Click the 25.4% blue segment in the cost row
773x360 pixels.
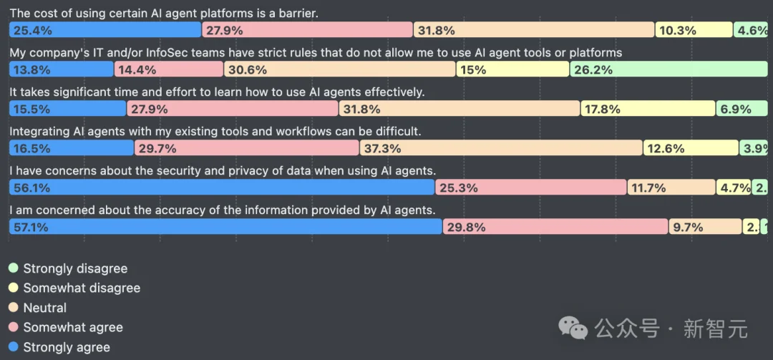point(104,30)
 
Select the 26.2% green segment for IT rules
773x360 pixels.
point(669,69)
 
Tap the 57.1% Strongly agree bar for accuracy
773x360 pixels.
point(225,227)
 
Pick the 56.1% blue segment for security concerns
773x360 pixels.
point(222,188)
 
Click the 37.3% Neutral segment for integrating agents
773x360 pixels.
point(500,148)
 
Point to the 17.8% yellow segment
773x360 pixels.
point(647,109)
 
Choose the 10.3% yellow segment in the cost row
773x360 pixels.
point(693,30)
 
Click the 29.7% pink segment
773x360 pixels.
point(246,148)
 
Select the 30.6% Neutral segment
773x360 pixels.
point(340,69)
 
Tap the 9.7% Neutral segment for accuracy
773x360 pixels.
point(706,227)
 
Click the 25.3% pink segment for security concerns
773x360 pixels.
point(531,188)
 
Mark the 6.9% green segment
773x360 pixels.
point(742,109)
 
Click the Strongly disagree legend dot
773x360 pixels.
point(13,268)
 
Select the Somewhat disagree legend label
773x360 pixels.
point(82,288)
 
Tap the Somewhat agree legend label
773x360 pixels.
point(73,327)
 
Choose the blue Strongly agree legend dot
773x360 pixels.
point(13,347)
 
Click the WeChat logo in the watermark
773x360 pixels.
point(573,329)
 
